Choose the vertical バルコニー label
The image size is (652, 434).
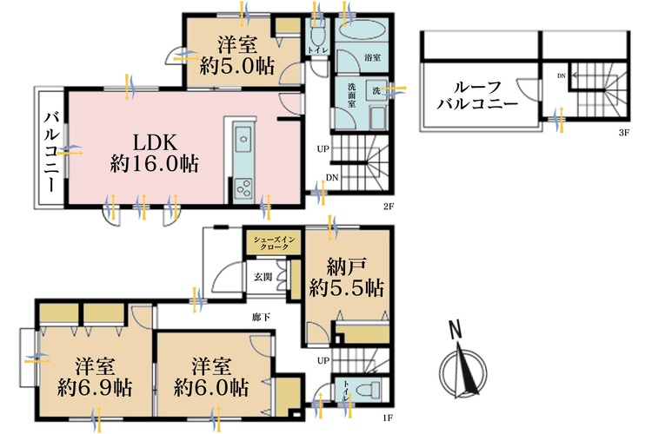coord(50,153)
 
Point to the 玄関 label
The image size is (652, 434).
coord(262,278)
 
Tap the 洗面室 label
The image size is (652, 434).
coord(345,92)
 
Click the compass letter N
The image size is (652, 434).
coord(454,330)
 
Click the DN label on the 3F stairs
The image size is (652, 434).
coord(561,76)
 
